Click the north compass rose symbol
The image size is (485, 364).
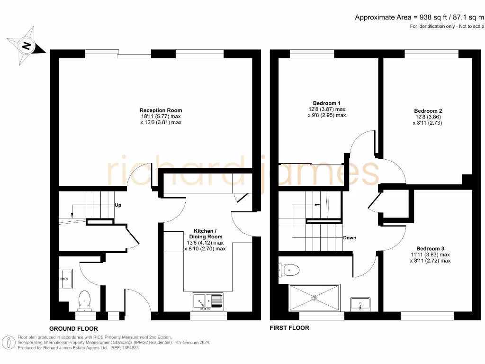click(x=26, y=46)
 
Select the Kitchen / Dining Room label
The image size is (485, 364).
click(x=206, y=233)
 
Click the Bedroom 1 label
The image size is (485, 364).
click(x=326, y=103)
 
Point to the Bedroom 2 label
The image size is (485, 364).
click(x=428, y=111)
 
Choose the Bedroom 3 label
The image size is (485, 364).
click(x=430, y=249)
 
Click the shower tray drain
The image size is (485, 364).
click(x=314, y=298)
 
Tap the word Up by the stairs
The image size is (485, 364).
click(x=118, y=206)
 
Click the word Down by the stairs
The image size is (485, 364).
click(x=350, y=238)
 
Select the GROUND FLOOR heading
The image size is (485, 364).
click(x=74, y=328)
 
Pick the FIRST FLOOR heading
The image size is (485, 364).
click(x=289, y=328)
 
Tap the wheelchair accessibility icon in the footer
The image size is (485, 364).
click(x=9, y=342)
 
